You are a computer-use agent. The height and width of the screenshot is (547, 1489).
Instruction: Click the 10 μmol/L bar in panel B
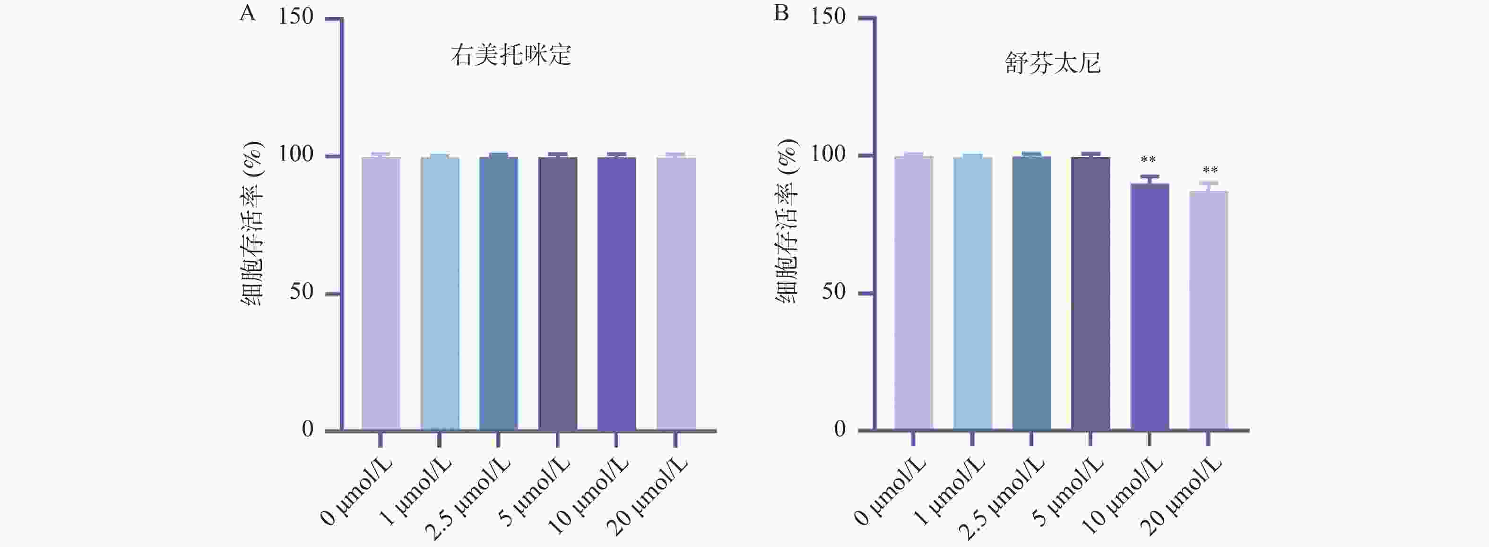1149,306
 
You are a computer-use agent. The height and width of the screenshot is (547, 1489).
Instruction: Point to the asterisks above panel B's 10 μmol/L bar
1148,160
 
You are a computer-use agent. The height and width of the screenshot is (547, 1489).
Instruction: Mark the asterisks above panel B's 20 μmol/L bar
1210,171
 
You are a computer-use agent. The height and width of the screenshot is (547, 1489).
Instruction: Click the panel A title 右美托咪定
511,55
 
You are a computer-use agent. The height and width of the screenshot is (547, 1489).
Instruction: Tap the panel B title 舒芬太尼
1053,63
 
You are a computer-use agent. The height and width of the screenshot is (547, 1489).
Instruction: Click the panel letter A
247,13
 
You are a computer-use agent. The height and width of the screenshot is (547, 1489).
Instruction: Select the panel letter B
781,13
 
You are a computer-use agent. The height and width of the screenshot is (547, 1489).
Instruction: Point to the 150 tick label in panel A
295,17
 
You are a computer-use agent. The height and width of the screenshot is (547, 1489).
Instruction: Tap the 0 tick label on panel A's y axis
308,429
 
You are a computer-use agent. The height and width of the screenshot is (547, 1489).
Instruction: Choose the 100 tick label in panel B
828,155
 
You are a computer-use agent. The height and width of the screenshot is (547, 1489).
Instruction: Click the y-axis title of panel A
252,223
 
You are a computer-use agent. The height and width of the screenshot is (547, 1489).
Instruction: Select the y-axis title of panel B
786,223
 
